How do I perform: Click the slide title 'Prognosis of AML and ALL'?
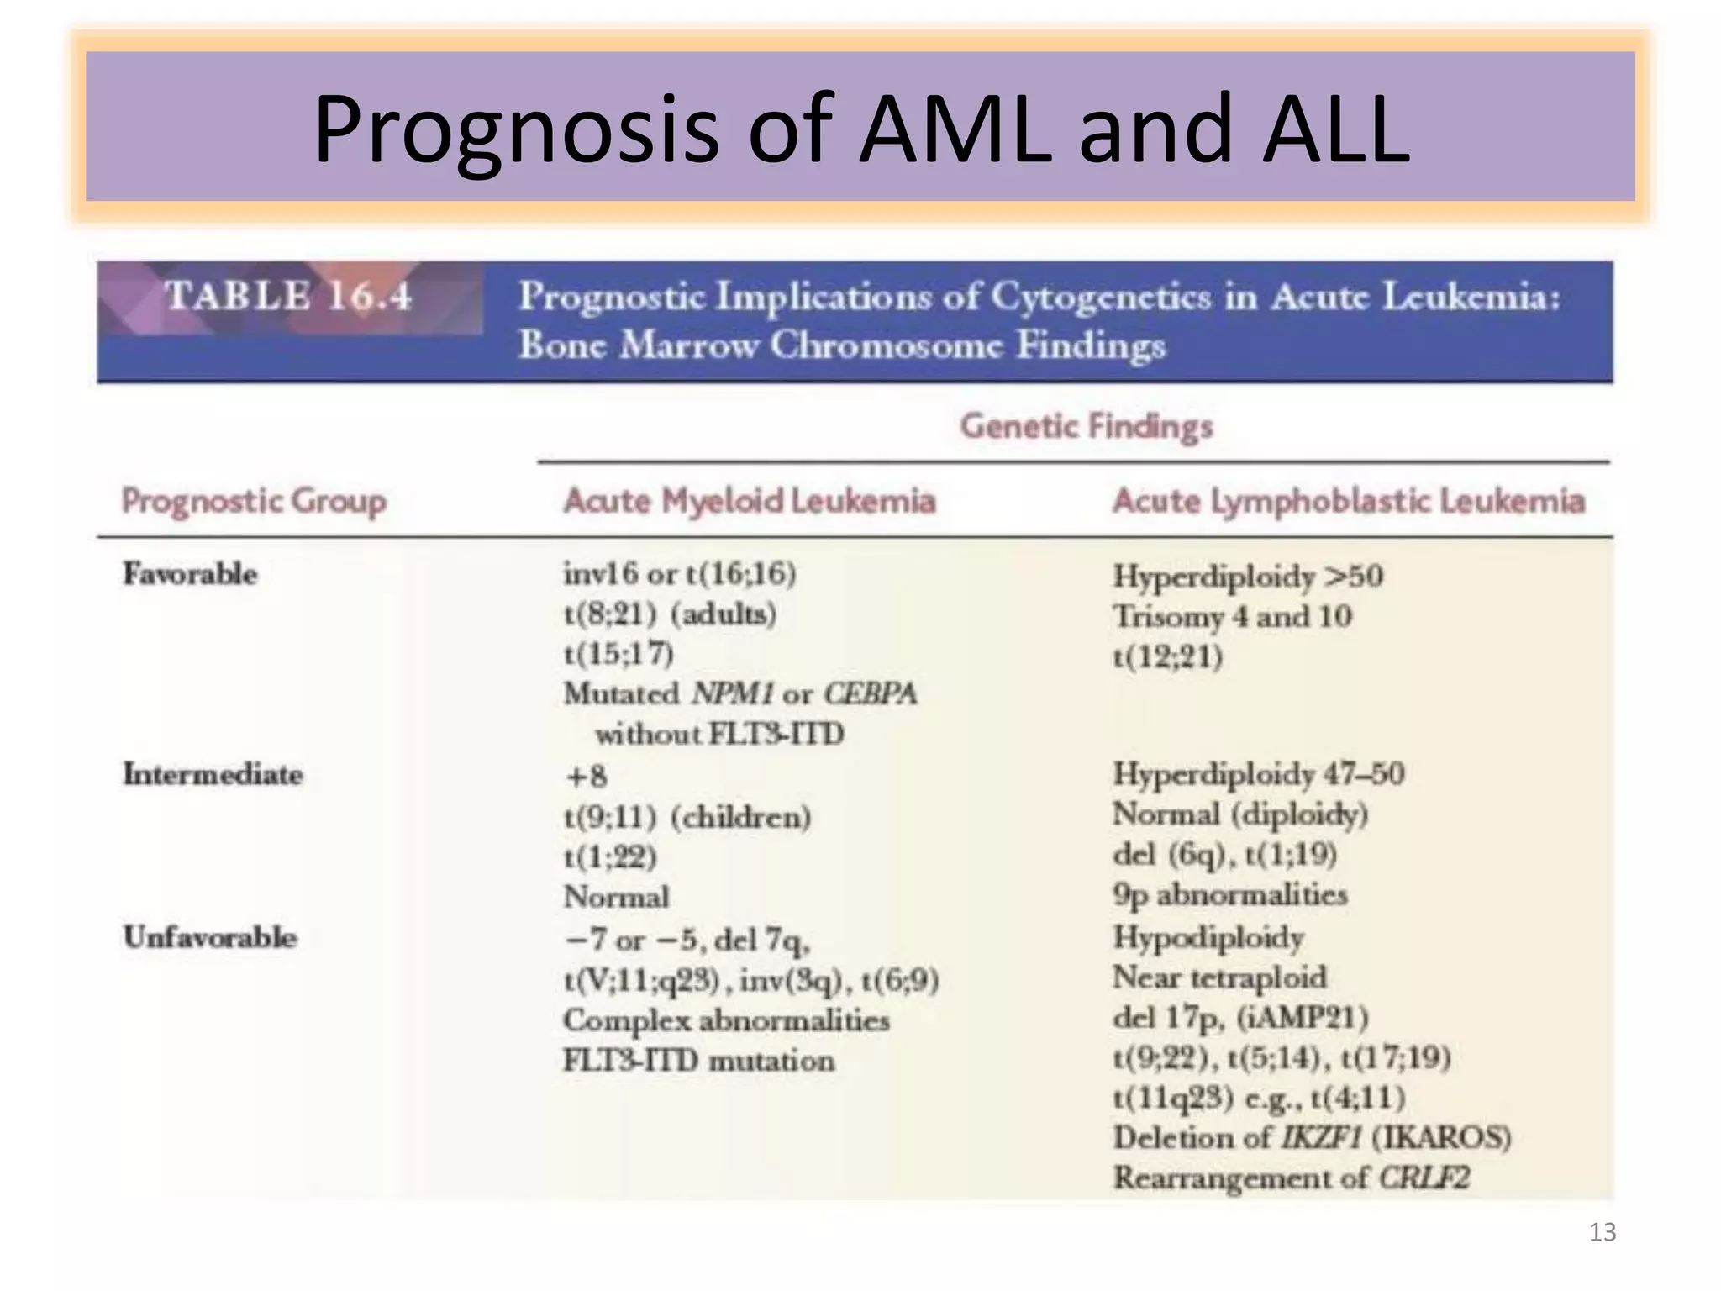click(860, 129)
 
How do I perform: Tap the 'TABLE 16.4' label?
click(288, 296)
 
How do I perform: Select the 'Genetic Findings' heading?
click(1087, 426)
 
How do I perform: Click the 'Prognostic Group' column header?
click(254, 501)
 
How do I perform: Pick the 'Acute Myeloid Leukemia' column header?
click(750, 501)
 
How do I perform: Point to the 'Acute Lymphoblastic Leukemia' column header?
click(1349, 501)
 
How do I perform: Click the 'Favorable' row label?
click(191, 574)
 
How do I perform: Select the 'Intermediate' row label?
click(213, 774)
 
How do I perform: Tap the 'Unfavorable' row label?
click(210, 937)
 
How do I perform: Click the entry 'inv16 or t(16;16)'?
click(680, 574)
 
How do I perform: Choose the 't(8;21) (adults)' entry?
click(670, 614)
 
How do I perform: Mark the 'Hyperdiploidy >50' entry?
click(1248, 577)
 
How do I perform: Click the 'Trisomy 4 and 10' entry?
click(1233, 617)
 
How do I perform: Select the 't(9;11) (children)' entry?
click(687, 817)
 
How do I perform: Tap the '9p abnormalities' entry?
click(1230, 895)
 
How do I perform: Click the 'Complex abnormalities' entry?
click(726, 1020)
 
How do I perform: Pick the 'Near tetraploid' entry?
click(1220, 977)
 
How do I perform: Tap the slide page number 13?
click(1603, 1232)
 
